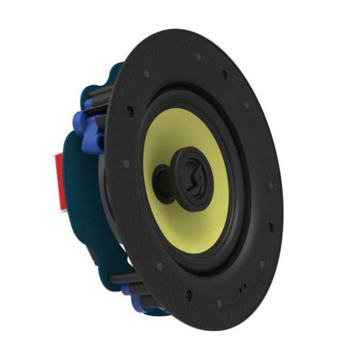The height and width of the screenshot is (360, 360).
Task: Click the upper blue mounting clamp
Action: click(x=90, y=132)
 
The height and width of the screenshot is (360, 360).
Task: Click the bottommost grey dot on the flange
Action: click(x=219, y=303)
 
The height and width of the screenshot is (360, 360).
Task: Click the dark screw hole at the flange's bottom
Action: click(x=190, y=295)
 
